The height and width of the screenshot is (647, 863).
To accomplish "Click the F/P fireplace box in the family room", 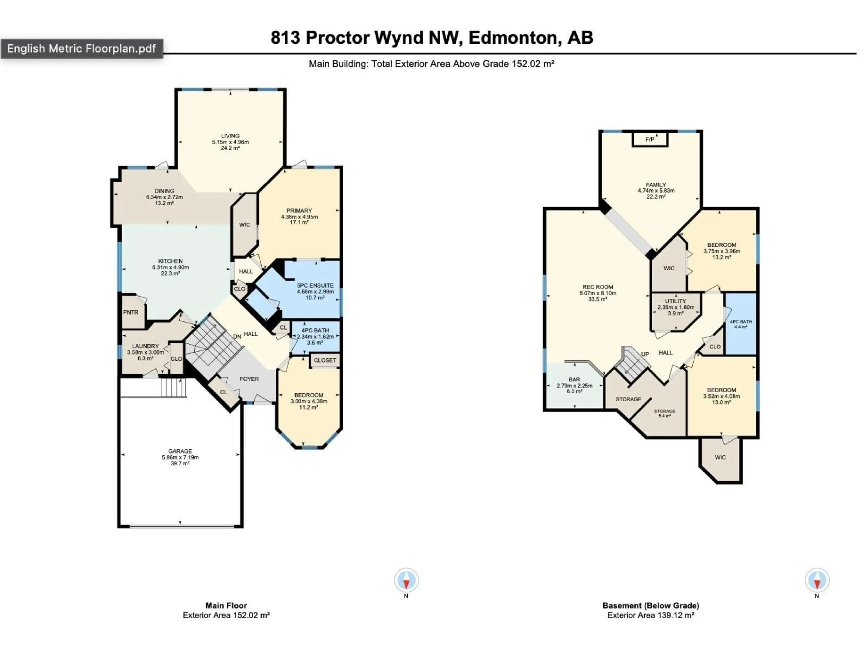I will click(x=649, y=140).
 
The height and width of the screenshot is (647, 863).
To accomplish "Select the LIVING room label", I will click(x=230, y=136).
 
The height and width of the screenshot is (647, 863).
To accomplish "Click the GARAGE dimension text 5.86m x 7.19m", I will click(x=180, y=457).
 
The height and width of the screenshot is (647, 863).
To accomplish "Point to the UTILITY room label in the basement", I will click(x=675, y=301).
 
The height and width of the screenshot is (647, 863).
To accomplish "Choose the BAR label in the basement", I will click(x=574, y=379).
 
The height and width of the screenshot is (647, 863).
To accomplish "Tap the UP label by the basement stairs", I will click(x=645, y=354).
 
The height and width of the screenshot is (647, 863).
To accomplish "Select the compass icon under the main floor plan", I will click(x=406, y=580).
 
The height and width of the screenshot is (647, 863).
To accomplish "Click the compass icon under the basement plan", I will click(x=817, y=580).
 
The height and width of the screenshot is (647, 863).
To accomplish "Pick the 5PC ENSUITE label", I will click(x=315, y=286).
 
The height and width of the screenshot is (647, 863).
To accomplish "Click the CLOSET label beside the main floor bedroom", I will click(x=325, y=360).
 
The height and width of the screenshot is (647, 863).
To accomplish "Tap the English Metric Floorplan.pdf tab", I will click(x=82, y=49).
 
